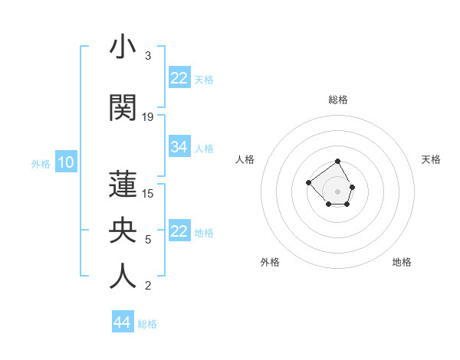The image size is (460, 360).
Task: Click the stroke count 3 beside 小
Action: [147, 56]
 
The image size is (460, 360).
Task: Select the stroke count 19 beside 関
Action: [148, 116]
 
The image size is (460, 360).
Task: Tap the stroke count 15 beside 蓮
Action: [148, 193]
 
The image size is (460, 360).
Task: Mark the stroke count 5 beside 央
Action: [147, 239]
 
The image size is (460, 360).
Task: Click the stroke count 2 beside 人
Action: [147, 286]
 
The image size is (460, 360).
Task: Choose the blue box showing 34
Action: [179, 147]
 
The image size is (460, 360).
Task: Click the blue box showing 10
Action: [65, 162]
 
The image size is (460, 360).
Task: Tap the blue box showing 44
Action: [122, 322]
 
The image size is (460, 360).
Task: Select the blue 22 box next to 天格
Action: [179, 78]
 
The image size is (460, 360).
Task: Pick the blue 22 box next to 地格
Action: [179, 231]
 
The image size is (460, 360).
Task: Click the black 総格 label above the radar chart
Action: [338, 100]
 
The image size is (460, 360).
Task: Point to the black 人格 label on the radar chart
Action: [245, 159]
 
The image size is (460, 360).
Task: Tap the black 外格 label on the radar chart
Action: [270, 262]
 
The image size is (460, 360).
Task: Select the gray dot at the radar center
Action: [338, 191]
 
